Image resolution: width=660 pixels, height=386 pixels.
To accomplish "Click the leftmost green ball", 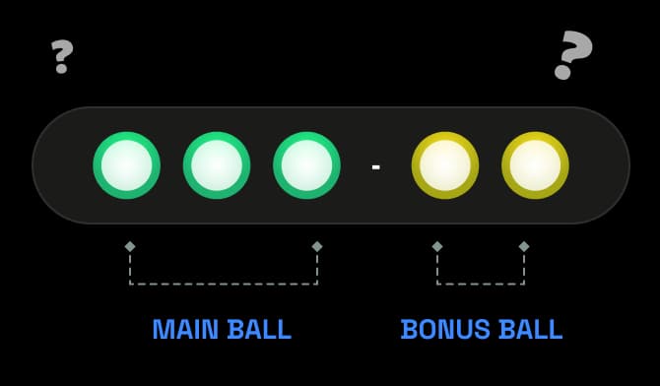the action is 127,165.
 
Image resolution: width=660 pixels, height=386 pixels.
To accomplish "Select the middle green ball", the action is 217,165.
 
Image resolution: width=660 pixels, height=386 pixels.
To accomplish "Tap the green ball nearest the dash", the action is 306,165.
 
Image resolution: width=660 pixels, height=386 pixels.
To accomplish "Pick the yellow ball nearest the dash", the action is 445,165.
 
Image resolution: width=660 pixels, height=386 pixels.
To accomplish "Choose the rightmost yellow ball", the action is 536,165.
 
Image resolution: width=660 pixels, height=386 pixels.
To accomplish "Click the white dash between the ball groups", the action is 376,167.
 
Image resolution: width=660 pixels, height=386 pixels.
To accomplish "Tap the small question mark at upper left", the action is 62,56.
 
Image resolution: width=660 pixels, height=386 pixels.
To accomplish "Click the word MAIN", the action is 185,329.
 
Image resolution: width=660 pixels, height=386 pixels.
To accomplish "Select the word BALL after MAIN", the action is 259,329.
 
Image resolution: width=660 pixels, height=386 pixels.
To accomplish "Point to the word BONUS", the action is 445,329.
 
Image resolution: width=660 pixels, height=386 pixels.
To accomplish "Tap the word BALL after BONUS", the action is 531,329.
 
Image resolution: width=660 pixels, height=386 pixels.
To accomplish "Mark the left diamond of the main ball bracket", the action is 130,247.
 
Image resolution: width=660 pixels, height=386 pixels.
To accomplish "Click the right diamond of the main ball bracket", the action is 317,247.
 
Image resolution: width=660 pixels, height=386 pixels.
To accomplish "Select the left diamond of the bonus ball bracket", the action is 437,247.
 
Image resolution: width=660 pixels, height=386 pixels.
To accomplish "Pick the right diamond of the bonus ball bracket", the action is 524,247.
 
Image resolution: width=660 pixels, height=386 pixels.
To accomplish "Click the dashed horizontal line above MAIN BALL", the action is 224,285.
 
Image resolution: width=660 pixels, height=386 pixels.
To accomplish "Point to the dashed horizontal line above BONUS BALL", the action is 481,285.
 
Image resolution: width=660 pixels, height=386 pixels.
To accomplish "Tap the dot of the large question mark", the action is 562,72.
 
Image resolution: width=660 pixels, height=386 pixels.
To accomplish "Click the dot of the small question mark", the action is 61,69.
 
